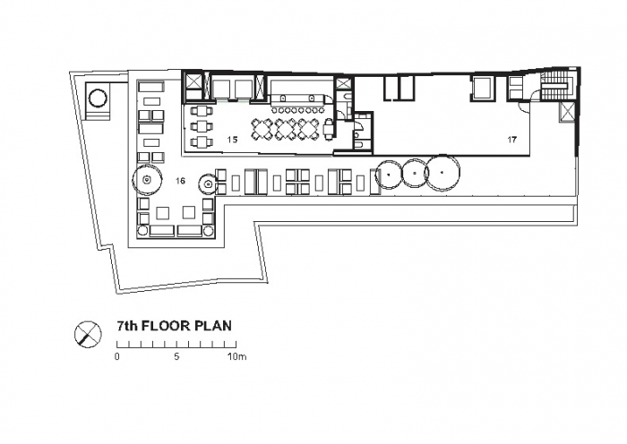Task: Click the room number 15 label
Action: pos(232,140)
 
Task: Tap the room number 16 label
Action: pos(180,181)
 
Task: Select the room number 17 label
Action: pos(511,140)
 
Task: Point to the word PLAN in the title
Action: pos(213,326)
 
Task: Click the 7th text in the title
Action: pos(127,326)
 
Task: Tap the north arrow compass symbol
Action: pos(88,334)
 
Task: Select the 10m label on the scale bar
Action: pos(236,356)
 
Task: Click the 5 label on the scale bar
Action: pos(176,356)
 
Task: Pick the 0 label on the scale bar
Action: pos(116,356)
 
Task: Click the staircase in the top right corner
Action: pos(554,86)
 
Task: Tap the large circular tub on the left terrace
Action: pos(98,98)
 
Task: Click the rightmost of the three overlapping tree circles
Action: pos(442,172)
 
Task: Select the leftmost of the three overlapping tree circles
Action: pos(389,175)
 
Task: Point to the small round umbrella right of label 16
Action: pos(208,184)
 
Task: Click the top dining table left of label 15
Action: pos(199,111)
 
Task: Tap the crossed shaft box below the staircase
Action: pos(567,111)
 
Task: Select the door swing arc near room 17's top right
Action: pos(524,107)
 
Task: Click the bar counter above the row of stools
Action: pos(298,99)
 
